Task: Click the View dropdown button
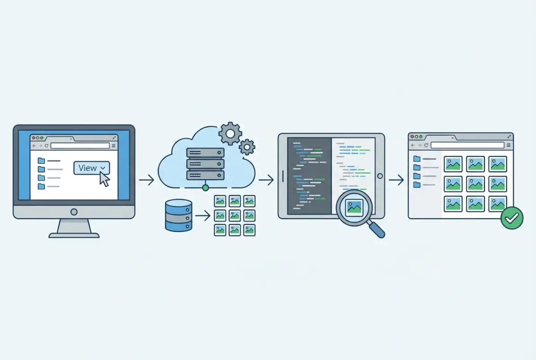tap(91, 168)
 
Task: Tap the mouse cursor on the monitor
tap(104, 179)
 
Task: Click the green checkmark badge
tap(512, 218)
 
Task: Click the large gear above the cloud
tap(230, 133)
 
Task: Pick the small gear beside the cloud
tap(247, 147)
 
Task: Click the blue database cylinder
tap(179, 216)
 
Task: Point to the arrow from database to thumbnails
tap(203, 216)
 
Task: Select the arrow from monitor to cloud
tap(146, 180)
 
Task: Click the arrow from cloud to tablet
tap(266, 180)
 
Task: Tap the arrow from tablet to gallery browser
tap(396, 180)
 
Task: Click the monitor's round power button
tap(74, 211)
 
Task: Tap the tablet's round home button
tap(380, 176)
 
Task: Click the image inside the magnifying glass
tap(354, 207)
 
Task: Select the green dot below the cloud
tap(205, 187)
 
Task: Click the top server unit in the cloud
tap(205, 153)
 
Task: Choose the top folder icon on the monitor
tap(41, 160)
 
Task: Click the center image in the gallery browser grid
tap(475, 184)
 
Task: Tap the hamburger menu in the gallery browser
tap(509, 145)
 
